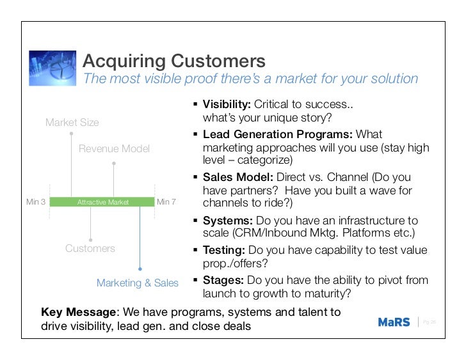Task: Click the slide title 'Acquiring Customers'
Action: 174,61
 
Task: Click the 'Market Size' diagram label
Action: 72,122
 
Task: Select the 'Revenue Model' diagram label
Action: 114,149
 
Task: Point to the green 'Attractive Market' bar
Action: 102,202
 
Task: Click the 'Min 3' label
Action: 36,202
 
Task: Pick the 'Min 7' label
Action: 166,202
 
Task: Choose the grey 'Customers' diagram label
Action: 90,248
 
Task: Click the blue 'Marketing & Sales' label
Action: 138,283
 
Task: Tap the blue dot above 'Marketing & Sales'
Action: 140,269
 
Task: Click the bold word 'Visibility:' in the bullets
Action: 227,105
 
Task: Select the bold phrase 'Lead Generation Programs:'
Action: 278,134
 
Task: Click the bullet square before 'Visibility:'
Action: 195,105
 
